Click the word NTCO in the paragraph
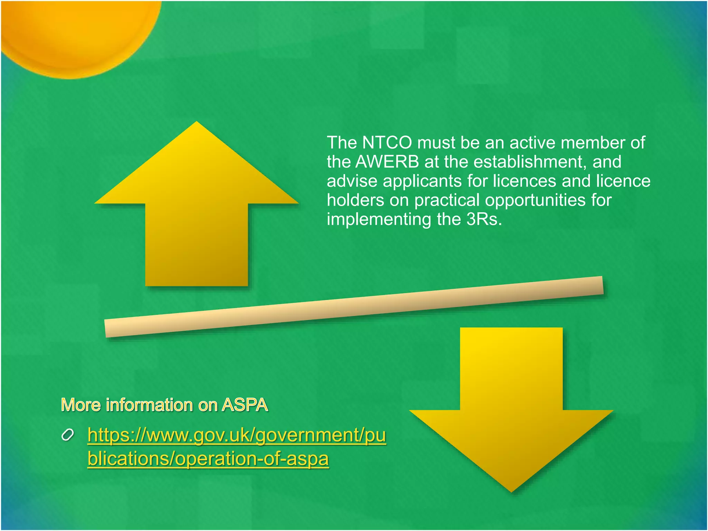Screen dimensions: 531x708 (x=387, y=143)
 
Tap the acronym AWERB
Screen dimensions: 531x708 (x=387, y=162)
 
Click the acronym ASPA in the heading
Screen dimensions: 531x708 (x=245, y=405)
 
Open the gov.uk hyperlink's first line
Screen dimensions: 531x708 (x=236, y=435)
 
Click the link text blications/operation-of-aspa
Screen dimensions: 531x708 (x=208, y=459)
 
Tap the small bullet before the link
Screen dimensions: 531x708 (x=67, y=435)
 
